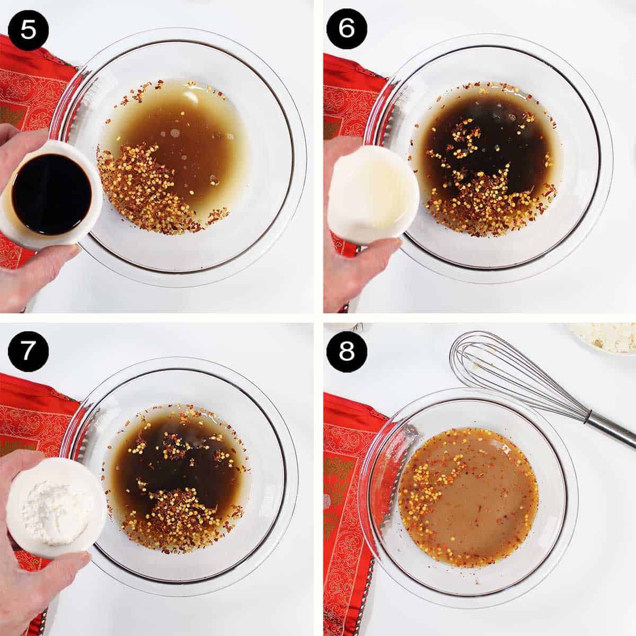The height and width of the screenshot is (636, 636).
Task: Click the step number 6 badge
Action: click(346, 28)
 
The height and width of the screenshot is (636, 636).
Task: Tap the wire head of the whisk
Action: click(498, 371)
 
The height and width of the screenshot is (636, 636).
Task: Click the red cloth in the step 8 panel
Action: click(342, 477)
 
